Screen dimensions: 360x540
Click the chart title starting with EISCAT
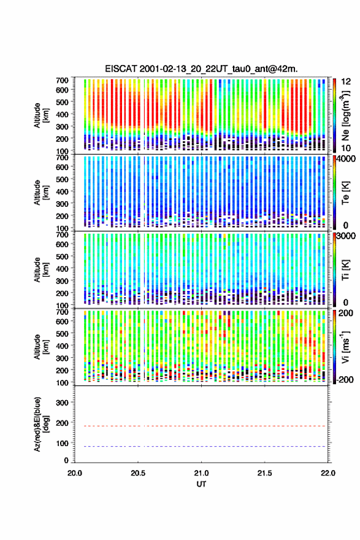tap(201, 69)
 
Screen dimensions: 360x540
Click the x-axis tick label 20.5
tap(138, 473)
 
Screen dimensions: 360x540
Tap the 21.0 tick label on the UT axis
tap(201, 473)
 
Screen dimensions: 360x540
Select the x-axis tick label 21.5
tap(265, 473)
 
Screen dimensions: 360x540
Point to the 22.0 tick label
tap(327, 473)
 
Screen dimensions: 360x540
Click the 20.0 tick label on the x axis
tap(75, 473)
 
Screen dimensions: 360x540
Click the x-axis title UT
tap(201, 484)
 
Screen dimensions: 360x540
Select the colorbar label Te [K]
tap(345, 193)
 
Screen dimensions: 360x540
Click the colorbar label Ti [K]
tap(345, 270)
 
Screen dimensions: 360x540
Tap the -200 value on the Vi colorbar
tap(345, 380)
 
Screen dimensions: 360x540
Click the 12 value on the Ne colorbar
tap(347, 82)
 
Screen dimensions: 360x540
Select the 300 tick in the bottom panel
tap(63, 403)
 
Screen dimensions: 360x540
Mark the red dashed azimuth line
tap(201, 426)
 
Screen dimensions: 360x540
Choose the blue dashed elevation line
tap(201, 447)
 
